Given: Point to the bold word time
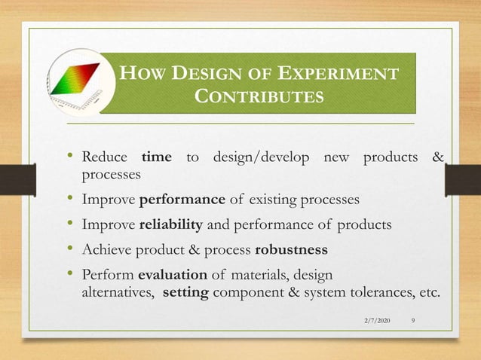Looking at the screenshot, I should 157,157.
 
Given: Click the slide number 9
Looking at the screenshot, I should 414,322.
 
